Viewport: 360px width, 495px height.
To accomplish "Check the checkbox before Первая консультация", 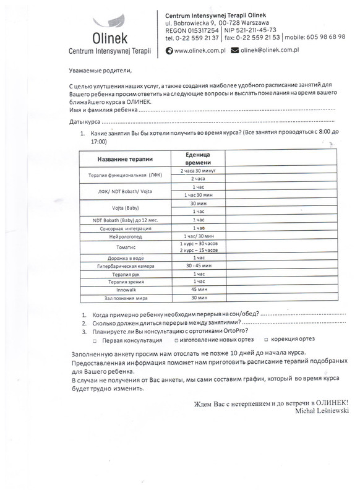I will click(x=95, y=341).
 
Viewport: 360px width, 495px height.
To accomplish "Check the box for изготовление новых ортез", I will click(x=177, y=340).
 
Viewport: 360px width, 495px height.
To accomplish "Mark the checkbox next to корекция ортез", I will click(x=267, y=340).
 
